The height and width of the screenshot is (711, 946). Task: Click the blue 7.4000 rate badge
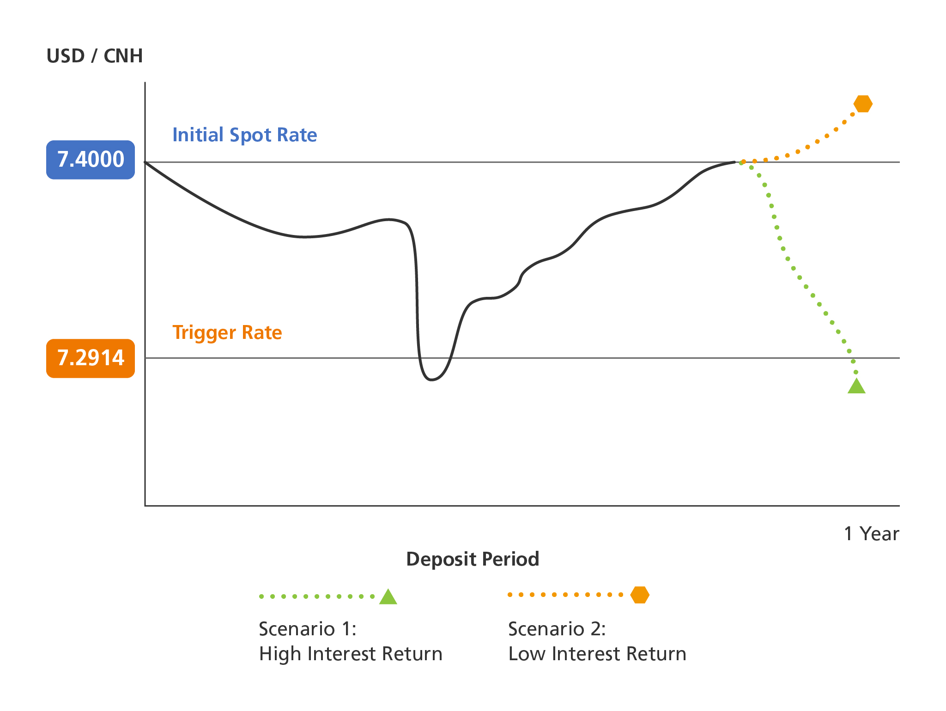pos(91,160)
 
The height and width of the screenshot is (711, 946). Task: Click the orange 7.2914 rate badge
pos(91,358)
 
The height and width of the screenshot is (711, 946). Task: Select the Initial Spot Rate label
pos(245,135)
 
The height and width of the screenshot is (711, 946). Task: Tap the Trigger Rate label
pos(227,332)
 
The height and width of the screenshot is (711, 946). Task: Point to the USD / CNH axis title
pos(95,56)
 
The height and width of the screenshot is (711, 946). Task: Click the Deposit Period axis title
pos(473,559)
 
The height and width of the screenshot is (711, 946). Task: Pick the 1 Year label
pos(872,534)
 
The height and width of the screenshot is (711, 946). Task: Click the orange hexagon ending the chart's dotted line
pos(863,104)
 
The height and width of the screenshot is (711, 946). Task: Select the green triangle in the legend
pos(388,597)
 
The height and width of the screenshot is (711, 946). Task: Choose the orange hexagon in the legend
pos(640,595)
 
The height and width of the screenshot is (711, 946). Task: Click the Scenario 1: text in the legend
pos(308,629)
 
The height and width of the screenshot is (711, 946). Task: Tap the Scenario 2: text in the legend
pos(557,629)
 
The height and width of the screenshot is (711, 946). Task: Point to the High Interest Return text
pos(351,654)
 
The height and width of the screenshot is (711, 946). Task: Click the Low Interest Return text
pos(597,654)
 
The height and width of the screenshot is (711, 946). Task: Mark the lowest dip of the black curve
pos(431,380)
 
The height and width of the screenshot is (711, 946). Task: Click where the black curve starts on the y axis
pos(146,162)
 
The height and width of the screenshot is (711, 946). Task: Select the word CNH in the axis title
pos(123,56)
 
